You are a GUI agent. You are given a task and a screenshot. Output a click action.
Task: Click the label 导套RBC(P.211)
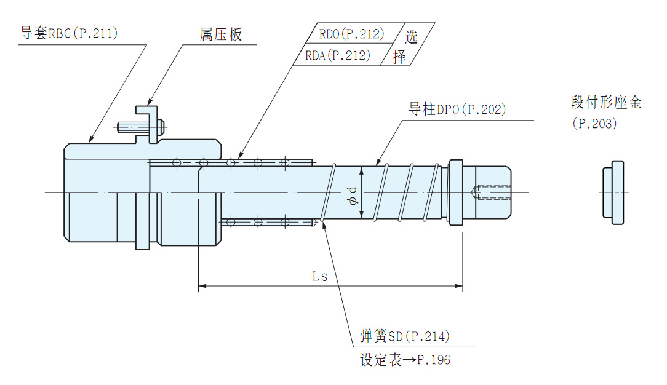coord(69,33)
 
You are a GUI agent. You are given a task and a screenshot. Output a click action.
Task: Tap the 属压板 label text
coord(221,34)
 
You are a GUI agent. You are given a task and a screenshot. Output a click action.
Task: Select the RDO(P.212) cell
coord(351,33)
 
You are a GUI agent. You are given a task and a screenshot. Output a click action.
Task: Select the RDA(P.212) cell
coord(338,55)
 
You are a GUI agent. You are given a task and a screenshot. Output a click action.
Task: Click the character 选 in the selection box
coord(411,36)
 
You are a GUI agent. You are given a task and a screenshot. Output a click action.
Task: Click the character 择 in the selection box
coord(399,57)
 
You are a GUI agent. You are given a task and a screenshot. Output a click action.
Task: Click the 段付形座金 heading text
coord(606,103)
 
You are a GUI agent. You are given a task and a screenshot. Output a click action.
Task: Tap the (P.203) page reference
coord(594,124)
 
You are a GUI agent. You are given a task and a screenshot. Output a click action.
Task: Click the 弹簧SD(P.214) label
coord(405,336)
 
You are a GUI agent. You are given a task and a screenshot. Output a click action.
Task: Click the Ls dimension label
coord(319,276)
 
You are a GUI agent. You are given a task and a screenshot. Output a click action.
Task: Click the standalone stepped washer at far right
coord(613,192)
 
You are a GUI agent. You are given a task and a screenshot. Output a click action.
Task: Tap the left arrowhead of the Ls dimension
coord(202,286)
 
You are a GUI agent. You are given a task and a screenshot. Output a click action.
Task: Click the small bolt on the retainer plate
coord(138,127)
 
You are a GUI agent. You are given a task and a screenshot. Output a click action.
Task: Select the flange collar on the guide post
coord(455,192)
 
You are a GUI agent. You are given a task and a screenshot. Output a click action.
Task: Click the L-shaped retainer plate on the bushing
coord(146,123)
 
